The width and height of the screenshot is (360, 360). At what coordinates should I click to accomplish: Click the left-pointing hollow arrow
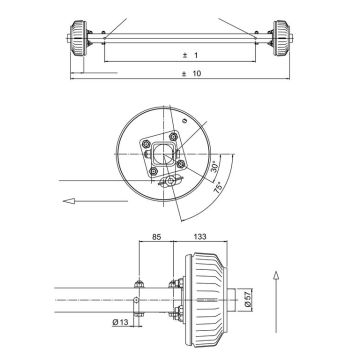point(73,201)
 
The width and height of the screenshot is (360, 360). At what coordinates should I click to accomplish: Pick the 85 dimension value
point(157,238)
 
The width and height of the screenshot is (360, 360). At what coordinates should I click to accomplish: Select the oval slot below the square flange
point(168,182)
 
